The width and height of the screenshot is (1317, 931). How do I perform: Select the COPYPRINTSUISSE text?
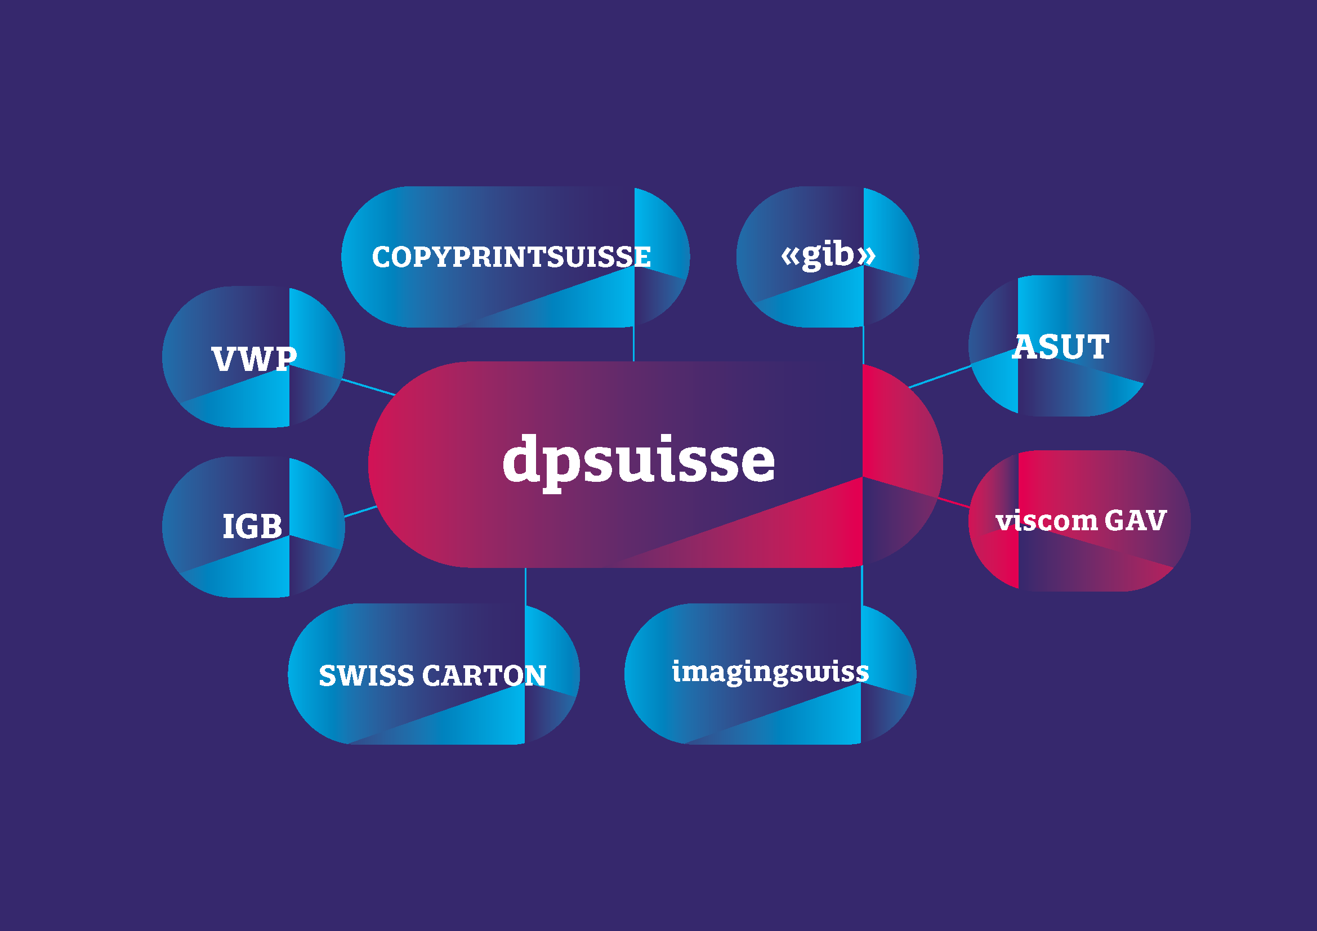(511, 257)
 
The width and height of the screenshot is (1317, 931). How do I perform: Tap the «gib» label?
(828, 255)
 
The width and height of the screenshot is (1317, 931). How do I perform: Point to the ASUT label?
(1061, 347)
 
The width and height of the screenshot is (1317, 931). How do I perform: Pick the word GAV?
(1135, 521)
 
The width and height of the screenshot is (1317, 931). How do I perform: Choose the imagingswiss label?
(770, 672)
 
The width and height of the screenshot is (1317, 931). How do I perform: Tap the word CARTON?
(484, 675)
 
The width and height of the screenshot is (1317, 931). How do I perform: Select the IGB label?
(252, 526)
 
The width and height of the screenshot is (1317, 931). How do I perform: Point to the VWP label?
(254, 360)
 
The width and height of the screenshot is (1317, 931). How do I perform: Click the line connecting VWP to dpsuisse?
(368, 387)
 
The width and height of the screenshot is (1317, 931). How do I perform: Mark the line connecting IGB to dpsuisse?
(360, 511)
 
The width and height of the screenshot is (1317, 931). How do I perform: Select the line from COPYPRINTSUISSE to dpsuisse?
(633, 344)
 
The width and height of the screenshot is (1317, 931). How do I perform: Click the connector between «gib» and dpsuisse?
(863, 345)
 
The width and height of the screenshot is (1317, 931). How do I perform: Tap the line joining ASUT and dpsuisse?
(940, 376)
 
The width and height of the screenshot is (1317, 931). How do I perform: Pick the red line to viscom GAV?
(953, 503)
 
